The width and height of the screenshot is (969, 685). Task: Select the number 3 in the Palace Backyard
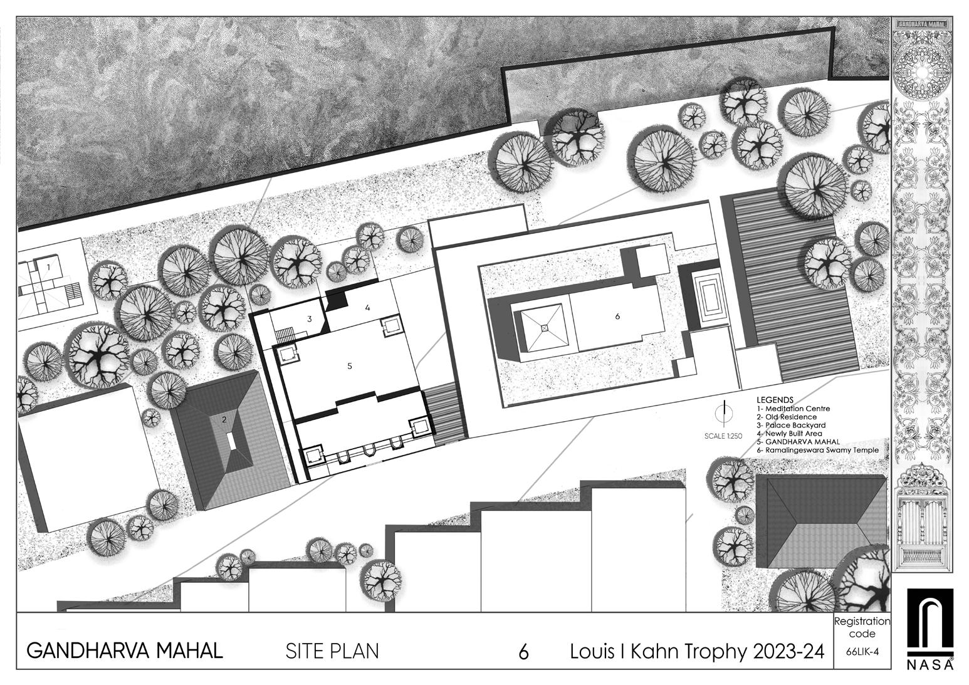309,319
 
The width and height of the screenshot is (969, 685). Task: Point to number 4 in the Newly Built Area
368,308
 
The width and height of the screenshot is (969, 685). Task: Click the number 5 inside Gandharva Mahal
350,367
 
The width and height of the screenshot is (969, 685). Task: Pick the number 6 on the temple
617,316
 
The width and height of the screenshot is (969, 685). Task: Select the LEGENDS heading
775,400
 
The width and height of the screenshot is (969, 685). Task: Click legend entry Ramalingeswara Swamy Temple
817,450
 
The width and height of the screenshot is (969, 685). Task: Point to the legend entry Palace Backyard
790,425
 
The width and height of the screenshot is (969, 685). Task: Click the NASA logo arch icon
930,622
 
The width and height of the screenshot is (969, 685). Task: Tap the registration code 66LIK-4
862,651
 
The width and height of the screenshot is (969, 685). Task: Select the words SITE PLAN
332,651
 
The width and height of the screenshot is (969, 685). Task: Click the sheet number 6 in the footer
523,652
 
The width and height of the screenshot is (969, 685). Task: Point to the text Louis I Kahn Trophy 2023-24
696,651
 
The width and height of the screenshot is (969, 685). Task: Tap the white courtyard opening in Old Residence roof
232,441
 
